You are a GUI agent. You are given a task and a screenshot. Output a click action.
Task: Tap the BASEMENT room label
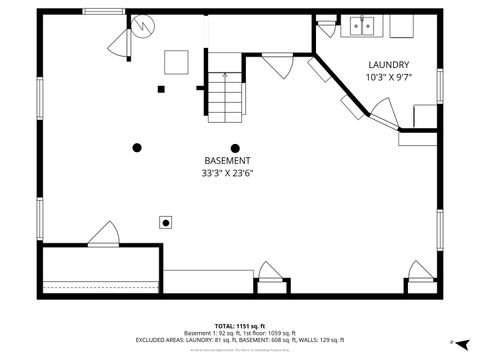pos(227,160)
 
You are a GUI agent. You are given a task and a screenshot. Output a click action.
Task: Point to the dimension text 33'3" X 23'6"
pos(227,172)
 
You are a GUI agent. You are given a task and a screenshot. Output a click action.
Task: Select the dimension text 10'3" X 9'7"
pos(388,77)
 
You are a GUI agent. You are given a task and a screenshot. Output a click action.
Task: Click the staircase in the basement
pos(226,95)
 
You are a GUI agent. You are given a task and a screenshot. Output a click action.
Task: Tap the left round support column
pos(137,148)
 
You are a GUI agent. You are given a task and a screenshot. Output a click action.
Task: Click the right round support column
pos(236,148)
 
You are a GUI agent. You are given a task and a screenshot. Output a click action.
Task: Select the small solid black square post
pos(160,89)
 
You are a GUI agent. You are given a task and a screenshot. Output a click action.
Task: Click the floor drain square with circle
pos(166,222)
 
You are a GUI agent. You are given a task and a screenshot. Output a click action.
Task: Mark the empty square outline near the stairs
pos(176,61)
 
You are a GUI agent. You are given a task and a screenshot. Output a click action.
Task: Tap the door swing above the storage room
pos(103,235)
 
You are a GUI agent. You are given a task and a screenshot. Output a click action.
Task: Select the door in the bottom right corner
pos(419,271)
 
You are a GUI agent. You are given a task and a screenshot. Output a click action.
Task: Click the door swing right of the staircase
pos(277,66)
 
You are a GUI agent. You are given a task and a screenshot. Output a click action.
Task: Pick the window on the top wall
pos(103,11)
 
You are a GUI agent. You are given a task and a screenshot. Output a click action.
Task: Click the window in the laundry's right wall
pos(438,85)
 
